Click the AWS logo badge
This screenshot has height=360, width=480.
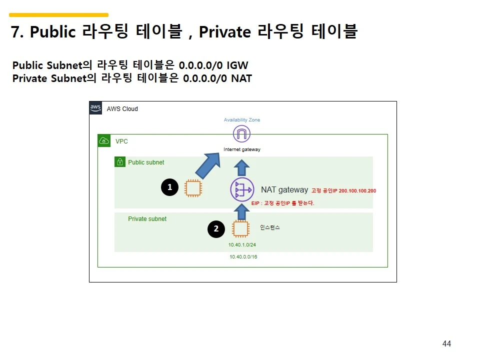click(95, 108)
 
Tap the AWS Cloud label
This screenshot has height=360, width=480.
click(122, 109)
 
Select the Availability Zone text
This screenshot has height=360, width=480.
click(242, 119)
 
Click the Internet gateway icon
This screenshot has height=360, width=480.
click(241, 134)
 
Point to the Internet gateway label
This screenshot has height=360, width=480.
click(242, 149)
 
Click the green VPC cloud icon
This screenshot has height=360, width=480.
click(104, 141)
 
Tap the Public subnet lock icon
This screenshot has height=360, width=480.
click(120, 161)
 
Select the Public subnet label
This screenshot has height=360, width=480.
click(146, 162)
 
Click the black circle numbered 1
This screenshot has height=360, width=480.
click(169, 187)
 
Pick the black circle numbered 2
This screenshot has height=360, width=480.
click(216, 228)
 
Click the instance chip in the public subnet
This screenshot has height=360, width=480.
click(193, 188)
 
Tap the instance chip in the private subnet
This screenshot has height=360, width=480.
click(240, 229)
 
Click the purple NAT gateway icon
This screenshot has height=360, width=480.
click(242, 189)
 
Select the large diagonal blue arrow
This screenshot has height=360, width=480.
click(208, 165)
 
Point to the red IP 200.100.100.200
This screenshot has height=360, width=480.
click(357, 190)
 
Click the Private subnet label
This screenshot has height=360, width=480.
click(147, 219)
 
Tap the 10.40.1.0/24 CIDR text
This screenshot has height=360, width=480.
click(242, 245)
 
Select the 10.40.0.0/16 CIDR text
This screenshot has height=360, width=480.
click(243, 257)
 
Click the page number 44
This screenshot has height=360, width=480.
click(446, 343)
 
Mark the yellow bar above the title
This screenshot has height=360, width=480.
click(59, 14)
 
